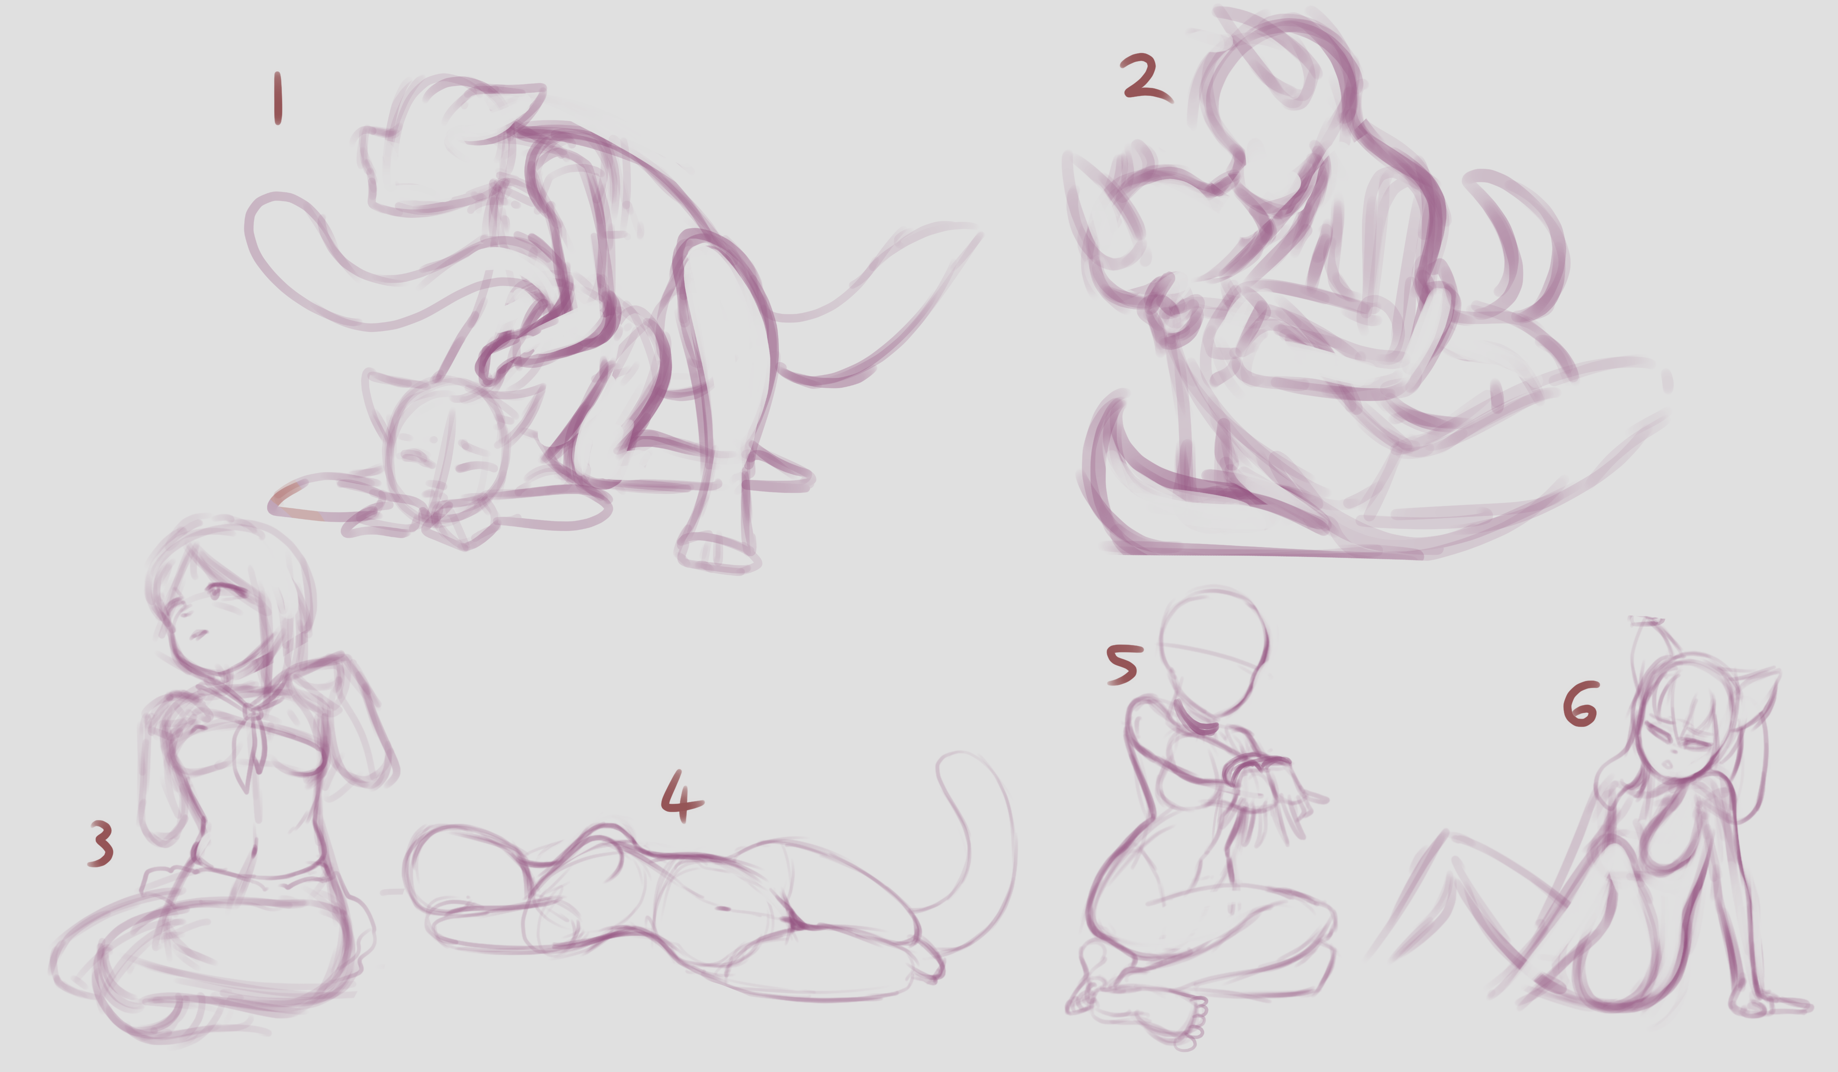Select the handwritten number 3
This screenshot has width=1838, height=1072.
pyautogui.click(x=101, y=844)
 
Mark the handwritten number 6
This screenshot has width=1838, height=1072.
pyautogui.click(x=1581, y=705)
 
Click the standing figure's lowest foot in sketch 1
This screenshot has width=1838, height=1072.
pyautogui.click(x=718, y=553)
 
